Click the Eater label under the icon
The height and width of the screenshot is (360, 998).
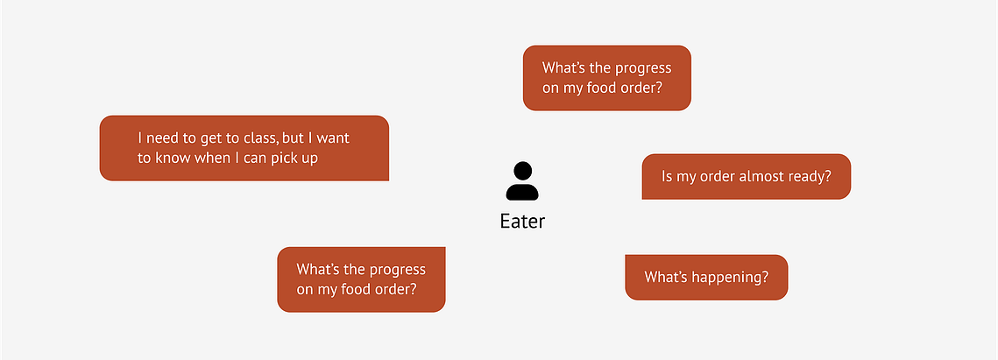click(522, 221)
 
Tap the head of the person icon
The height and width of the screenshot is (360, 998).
click(522, 171)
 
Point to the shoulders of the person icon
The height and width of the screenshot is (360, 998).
click(522, 192)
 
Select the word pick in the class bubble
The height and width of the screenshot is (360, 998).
click(285, 158)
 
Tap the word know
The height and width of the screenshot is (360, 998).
click(170, 158)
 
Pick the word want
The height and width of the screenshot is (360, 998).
click(334, 138)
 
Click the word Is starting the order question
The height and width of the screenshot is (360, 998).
click(667, 176)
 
